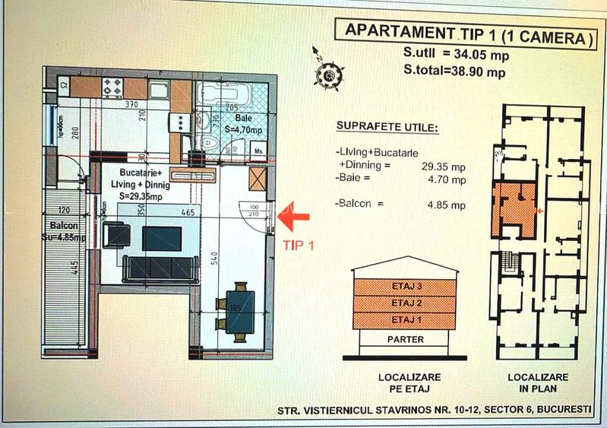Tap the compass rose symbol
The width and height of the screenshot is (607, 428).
328,75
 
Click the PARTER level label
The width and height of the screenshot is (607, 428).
405,339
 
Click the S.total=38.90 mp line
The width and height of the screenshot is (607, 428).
455,72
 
